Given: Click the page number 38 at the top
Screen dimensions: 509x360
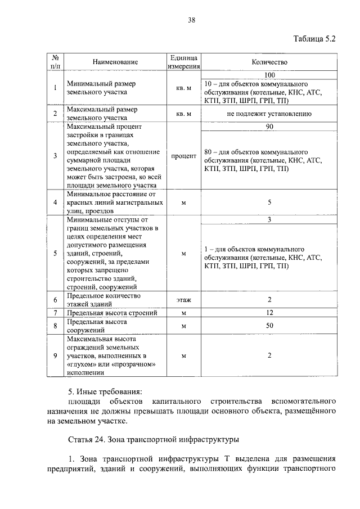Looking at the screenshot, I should tap(191, 21).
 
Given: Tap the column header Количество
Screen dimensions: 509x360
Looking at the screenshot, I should tap(269, 62).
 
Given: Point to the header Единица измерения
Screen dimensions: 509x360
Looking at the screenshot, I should tap(183, 62).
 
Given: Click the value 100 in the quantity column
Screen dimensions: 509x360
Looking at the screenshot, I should tap(269, 74).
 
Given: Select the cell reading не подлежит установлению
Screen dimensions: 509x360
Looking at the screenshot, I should tap(269, 114).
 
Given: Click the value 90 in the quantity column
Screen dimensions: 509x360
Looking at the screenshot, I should tap(269, 128).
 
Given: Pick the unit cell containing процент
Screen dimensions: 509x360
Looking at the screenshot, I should tap(183, 156).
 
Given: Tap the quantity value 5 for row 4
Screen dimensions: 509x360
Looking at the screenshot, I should tap(269, 202).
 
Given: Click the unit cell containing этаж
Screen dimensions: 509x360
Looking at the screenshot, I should tap(183, 300).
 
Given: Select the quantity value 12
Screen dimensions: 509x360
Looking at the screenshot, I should tap(269, 313).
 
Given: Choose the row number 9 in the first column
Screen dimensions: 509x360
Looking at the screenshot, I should tap(55, 355).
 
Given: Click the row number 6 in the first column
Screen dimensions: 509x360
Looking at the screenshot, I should tap(55, 300).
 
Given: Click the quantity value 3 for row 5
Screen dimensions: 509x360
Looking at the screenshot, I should tap(269, 220).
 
